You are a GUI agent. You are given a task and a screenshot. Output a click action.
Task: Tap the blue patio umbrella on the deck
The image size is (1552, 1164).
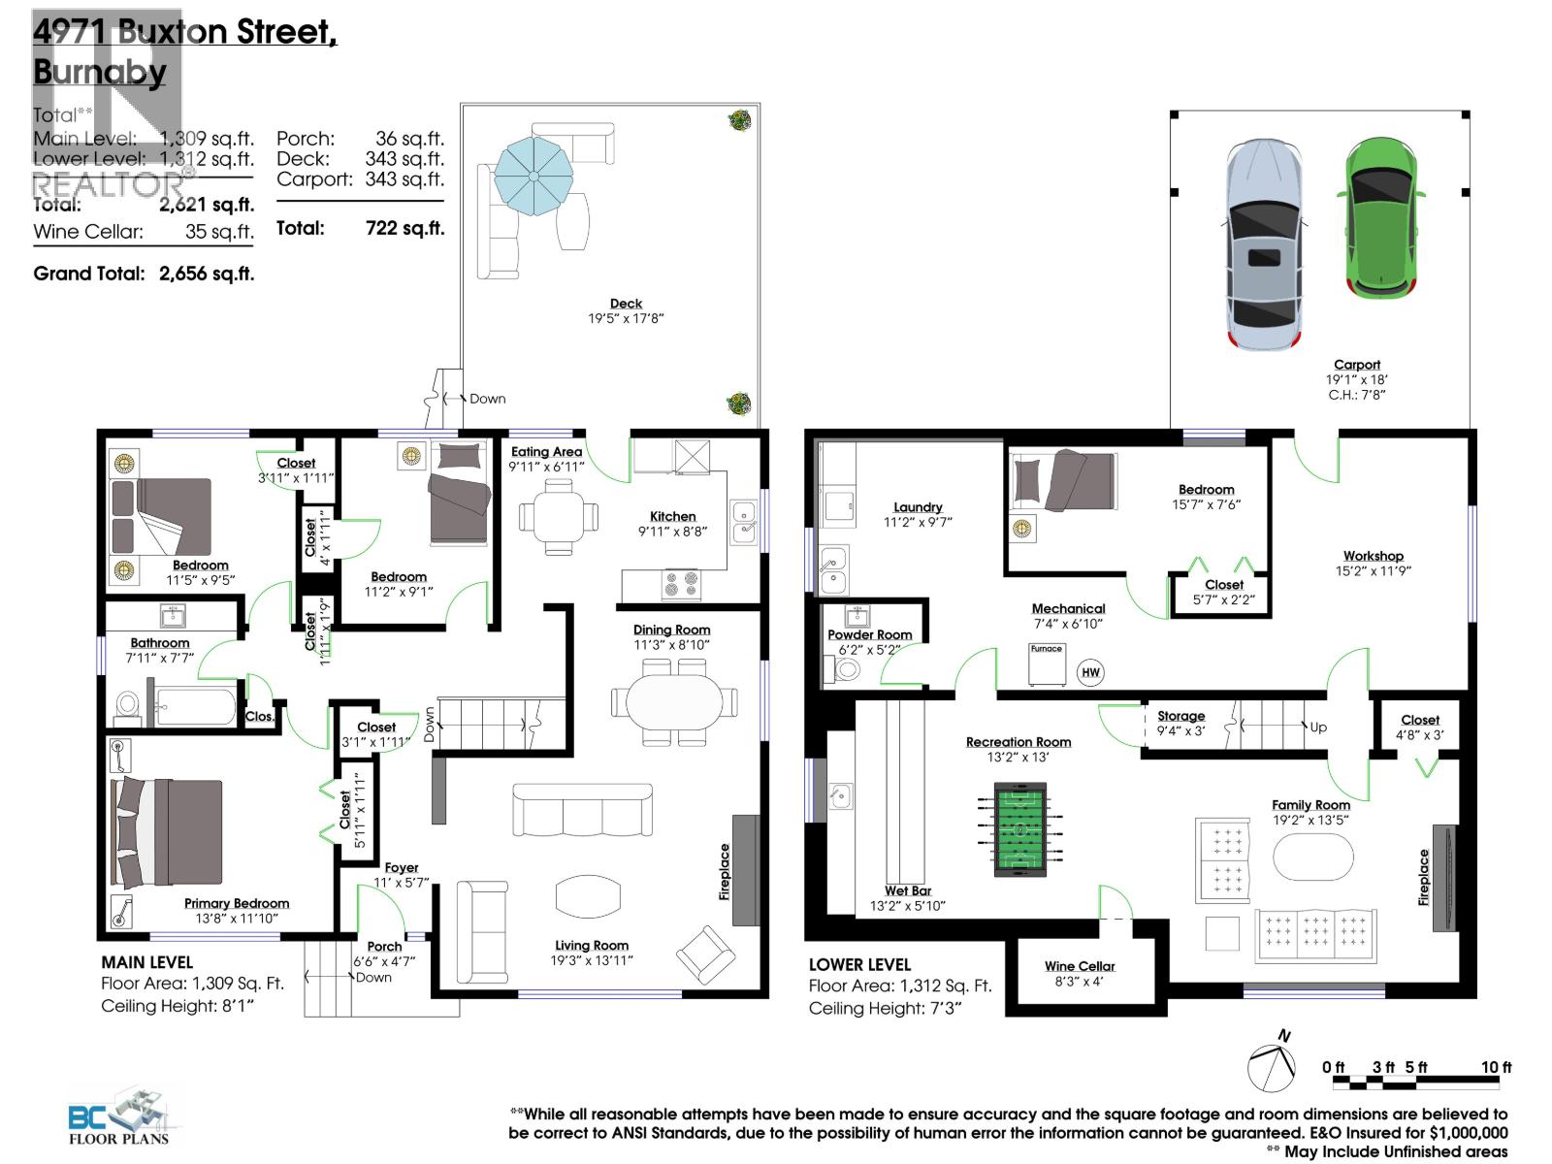(x=532, y=175)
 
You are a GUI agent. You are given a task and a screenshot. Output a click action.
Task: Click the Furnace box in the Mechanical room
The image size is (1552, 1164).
(x=1047, y=664)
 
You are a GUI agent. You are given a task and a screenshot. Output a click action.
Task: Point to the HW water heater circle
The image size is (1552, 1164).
(x=1090, y=672)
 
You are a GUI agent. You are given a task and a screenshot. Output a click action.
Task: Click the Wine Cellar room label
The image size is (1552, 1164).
(x=1080, y=966)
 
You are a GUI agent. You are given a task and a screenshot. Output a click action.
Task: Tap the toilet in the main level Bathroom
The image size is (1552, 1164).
(x=127, y=706)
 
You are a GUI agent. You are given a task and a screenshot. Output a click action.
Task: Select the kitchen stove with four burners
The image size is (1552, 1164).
(x=680, y=584)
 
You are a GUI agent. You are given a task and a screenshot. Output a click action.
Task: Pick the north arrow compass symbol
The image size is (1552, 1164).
(x=1272, y=1067)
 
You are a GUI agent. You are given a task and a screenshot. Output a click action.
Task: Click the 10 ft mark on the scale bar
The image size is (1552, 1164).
(x=1496, y=1067)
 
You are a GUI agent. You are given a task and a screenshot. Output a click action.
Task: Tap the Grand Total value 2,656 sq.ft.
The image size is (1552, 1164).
(x=206, y=274)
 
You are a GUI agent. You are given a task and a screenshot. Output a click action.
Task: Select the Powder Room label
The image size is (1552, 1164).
(x=869, y=634)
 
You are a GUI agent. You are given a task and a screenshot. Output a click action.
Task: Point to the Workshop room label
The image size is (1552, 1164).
(x=1373, y=556)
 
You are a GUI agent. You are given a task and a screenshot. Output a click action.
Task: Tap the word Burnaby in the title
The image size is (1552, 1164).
(x=99, y=72)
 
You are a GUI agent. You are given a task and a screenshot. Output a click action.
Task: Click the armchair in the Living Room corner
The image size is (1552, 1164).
(x=706, y=953)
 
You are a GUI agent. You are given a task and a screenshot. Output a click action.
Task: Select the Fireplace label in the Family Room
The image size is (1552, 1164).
(x=1423, y=878)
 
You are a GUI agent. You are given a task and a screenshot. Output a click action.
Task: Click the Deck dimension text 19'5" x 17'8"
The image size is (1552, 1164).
(x=626, y=318)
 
